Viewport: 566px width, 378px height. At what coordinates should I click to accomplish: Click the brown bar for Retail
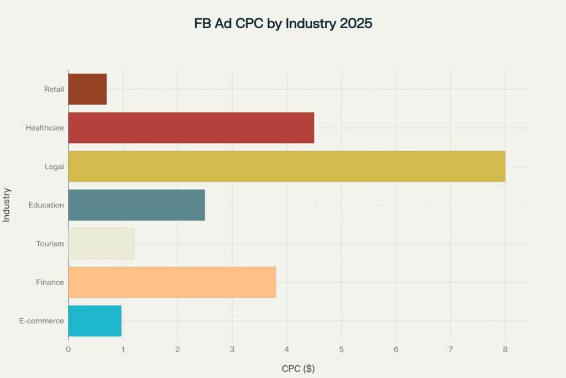pos(87,89)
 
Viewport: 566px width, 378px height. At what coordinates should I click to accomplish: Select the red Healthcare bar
pos(191,128)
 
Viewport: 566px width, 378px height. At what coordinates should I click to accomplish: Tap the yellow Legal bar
pos(286,167)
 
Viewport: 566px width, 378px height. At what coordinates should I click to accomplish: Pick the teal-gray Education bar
pos(137,205)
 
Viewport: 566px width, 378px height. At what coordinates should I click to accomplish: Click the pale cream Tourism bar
pos(101,244)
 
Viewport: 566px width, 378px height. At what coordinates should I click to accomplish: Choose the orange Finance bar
pos(172,282)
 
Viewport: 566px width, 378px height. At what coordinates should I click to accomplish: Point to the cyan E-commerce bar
pos(95,321)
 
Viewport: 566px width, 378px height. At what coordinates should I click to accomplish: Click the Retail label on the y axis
pos(54,89)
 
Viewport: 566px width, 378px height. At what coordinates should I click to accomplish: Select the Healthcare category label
pos(45,128)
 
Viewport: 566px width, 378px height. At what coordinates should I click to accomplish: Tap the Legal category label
pos(55,167)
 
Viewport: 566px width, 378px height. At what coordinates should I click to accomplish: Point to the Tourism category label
pos(50,244)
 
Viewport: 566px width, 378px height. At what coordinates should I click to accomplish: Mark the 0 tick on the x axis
pos(68,349)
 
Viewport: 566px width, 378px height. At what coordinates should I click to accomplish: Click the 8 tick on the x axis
pos(505,349)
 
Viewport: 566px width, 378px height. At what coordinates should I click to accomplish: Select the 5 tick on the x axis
pos(341,349)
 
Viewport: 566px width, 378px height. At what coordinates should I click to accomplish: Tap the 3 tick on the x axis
pos(232,349)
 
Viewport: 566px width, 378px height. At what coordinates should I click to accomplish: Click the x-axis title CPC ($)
pos(298,369)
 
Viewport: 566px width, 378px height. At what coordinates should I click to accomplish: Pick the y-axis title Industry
pos(7,205)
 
